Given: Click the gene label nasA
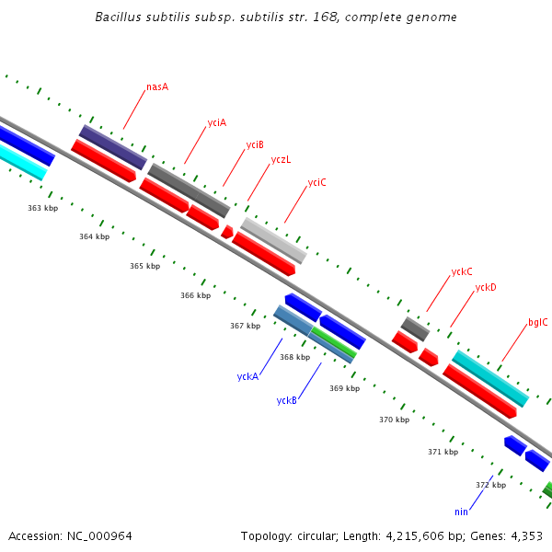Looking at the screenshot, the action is click(x=157, y=87).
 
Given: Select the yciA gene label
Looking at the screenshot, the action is click(x=217, y=122).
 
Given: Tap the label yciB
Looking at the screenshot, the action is click(x=255, y=144).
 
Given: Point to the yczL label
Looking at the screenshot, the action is click(x=281, y=159).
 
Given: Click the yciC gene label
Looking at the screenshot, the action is click(x=316, y=182).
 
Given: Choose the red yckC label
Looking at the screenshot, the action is click(x=462, y=271).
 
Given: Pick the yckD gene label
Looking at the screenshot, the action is click(x=486, y=287).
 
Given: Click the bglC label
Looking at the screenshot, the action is click(x=537, y=322).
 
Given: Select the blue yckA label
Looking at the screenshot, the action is click(x=247, y=376).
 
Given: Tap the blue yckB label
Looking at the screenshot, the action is click(x=286, y=400).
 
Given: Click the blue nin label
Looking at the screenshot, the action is click(x=461, y=512).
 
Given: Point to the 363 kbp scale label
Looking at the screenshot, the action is click(x=42, y=209).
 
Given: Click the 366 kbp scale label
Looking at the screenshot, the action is click(x=195, y=295).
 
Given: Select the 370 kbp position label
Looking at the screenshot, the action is click(x=394, y=420).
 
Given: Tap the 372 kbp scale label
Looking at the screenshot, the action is click(x=490, y=485).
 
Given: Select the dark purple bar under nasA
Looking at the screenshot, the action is click(x=113, y=147).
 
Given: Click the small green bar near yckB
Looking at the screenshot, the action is click(x=334, y=341).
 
